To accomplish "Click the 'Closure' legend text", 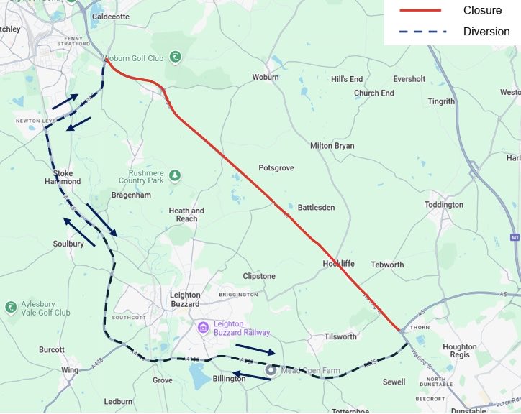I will [482, 10].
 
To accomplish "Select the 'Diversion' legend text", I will [486, 32].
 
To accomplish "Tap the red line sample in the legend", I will [421, 10].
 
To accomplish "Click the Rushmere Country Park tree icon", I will [175, 175].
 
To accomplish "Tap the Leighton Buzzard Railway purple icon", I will [204, 328].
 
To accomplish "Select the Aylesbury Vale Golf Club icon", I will [11, 308].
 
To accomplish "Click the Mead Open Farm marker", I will [271, 370].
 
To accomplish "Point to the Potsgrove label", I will [276, 167].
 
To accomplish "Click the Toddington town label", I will [444, 205].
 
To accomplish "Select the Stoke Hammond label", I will [67, 178].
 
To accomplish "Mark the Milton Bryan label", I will [332, 145].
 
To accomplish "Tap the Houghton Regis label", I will [459, 351].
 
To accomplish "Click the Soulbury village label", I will [68, 244].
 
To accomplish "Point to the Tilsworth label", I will [340, 336].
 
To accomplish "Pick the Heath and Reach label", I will [186, 215].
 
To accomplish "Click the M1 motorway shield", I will [514, 237].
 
